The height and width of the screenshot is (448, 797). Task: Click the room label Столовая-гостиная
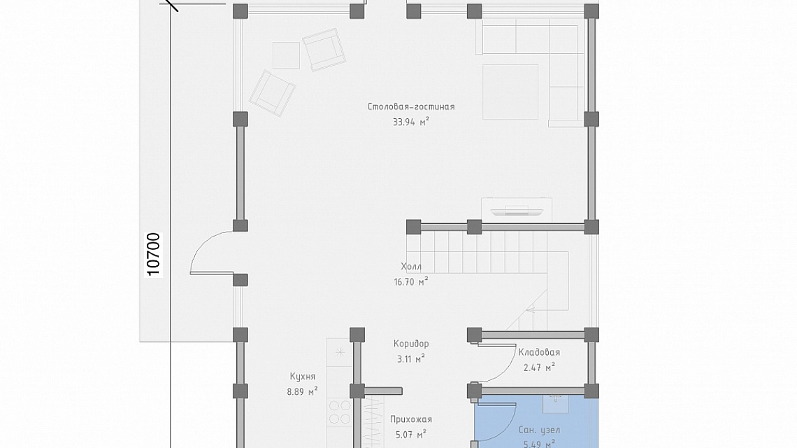coord(410,107)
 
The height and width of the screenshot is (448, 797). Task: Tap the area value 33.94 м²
coord(410,122)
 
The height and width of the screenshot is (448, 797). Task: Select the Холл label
coord(410,266)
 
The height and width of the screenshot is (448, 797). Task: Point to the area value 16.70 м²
coord(410,281)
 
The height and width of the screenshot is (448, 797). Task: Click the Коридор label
coord(410,344)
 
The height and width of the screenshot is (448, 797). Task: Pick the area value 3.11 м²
coord(410,359)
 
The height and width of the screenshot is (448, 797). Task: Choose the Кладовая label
coord(539,352)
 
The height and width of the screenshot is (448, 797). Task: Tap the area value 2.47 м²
coord(539,367)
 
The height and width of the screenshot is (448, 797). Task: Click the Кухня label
coord(303,376)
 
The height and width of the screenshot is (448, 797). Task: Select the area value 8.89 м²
coord(303,391)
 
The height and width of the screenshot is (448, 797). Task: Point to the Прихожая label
coord(410,419)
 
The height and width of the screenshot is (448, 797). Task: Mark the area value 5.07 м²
coord(410,434)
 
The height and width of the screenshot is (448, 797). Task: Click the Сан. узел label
coord(539,430)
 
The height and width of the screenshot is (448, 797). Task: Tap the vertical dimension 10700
coord(154,254)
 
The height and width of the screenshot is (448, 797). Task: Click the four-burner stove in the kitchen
coord(340,412)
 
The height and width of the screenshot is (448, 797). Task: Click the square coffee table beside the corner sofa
coord(510,92)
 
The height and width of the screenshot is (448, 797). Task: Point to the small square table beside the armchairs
coord(286,55)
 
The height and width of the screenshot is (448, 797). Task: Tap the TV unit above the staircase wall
coord(517,209)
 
